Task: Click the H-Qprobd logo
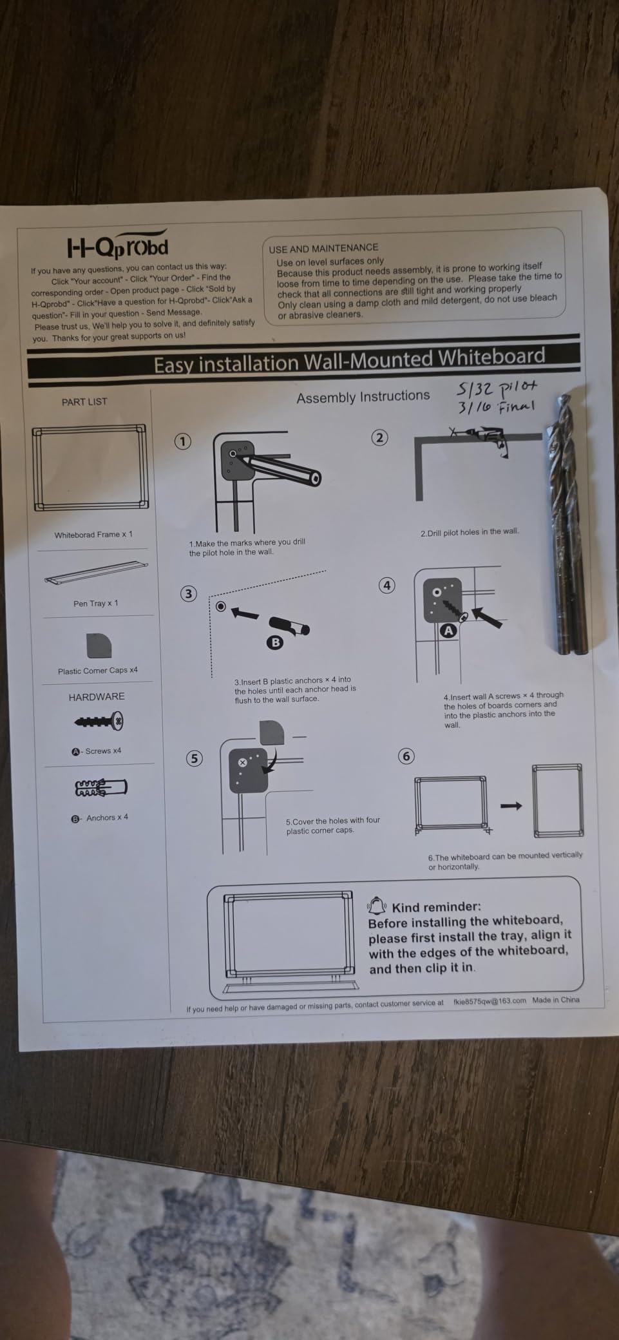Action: tap(117, 244)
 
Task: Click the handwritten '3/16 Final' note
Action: tap(496, 407)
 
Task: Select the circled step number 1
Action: tap(184, 441)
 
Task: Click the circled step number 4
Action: tap(386, 585)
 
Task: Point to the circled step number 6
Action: tap(406, 756)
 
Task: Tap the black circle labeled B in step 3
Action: tap(275, 642)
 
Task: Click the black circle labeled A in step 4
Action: tap(448, 631)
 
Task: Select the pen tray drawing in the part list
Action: tap(96, 573)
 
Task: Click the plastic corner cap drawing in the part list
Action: tap(99, 646)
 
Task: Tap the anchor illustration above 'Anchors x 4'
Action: tap(101, 788)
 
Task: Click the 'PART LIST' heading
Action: tap(84, 401)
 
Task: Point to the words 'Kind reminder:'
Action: tap(436, 907)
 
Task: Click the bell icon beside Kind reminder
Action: tap(377, 906)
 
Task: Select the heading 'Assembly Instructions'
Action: tap(363, 397)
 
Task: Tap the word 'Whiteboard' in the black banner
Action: tap(491, 357)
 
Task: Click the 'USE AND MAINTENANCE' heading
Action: tap(323, 248)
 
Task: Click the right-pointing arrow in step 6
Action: tap(511, 805)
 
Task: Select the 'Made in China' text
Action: tap(556, 1000)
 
